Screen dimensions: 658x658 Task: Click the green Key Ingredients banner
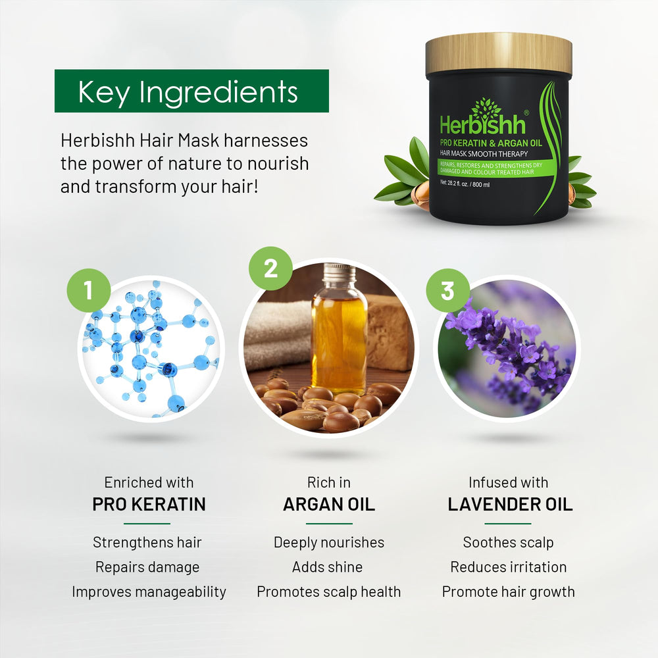point(191,91)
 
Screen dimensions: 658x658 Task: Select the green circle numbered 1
point(89,290)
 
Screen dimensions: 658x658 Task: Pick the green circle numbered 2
point(270,268)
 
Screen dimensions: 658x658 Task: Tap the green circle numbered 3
point(447,290)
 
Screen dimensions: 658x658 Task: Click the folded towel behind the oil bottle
point(279,336)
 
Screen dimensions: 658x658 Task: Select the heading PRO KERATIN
point(149,504)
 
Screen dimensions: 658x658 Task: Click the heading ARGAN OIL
point(329,504)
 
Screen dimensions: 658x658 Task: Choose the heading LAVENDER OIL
point(510,504)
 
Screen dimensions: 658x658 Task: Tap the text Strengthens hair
point(147,542)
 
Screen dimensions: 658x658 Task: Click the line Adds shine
point(327,567)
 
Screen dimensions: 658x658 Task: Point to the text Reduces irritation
point(509,567)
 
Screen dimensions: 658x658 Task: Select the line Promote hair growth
point(509,592)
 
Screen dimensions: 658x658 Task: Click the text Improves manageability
point(149,592)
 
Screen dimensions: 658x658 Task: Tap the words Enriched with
point(149,482)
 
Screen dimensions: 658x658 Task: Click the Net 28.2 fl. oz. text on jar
point(465,184)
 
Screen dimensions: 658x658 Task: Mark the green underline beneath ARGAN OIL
point(329,524)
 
